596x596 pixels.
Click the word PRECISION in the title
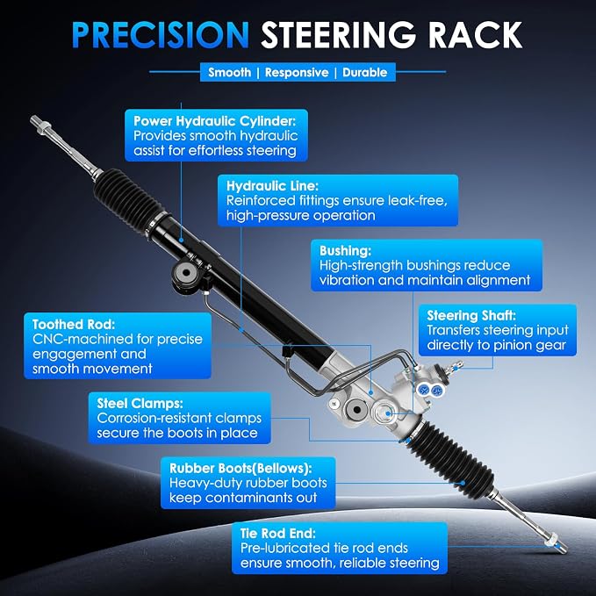[x=161, y=35]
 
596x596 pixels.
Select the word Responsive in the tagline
[x=297, y=72]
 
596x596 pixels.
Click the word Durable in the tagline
[x=364, y=72]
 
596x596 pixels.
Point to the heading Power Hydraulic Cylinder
[x=214, y=121]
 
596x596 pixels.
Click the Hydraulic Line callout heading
[x=272, y=186]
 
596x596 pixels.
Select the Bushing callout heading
[x=345, y=251]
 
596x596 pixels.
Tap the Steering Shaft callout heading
[x=471, y=315]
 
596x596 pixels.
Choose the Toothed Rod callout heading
[x=74, y=324]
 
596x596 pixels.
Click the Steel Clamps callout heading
[x=140, y=403]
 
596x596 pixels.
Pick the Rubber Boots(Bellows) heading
[x=241, y=469]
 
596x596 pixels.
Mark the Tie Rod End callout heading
[x=278, y=534]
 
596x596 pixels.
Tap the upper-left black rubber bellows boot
[x=128, y=198]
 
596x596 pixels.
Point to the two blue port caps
[x=429, y=389]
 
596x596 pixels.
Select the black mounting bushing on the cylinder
[x=186, y=272]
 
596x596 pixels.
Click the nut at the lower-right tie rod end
[x=550, y=539]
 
